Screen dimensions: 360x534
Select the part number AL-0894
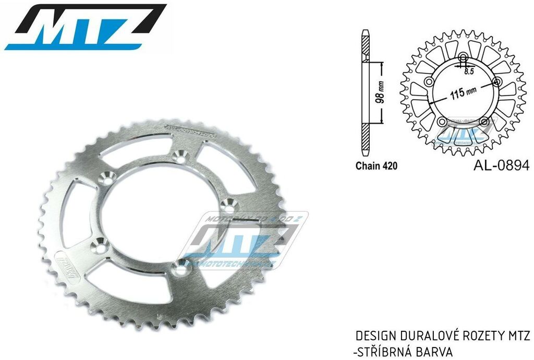(x=501, y=166)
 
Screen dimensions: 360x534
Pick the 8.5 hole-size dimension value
(x=468, y=71)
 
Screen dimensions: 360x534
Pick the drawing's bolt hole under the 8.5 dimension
(x=463, y=57)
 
